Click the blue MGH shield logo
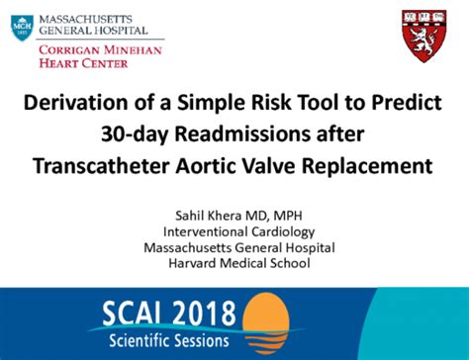pyautogui.click(x=22, y=28)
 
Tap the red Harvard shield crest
pyautogui.click(x=424, y=37)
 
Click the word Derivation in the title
pyautogui.click(x=75, y=103)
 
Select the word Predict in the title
pyautogui.click(x=407, y=103)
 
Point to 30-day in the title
pyautogui.click(x=135, y=135)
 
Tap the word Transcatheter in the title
pyautogui.click(x=101, y=165)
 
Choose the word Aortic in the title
pyautogui.click(x=206, y=165)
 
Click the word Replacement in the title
pyautogui.click(x=367, y=166)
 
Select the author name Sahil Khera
pyautogui.click(x=209, y=216)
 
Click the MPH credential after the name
pyautogui.click(x=288, y=216)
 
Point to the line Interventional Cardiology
pyautogui.click(x=238, y=231)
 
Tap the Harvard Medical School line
pyautogui.click(x=239, y=263)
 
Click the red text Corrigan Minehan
pyautogui.click(x=100, y=50)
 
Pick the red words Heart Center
pyautogui.click(x=83, y=63)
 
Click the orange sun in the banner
pyautogui.click(x=266, y=320)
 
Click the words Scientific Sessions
pyautogui.click(x=168, y=340)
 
